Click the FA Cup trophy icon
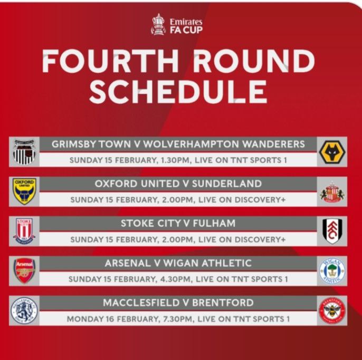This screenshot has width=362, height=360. [158, 24]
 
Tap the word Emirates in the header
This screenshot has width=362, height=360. [186, 22]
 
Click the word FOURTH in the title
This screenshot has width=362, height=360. [110, 61]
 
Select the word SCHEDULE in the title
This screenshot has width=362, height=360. [178, 92]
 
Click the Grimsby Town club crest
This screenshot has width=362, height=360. [24, 152]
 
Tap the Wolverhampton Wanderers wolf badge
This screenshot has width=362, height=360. [332, 152]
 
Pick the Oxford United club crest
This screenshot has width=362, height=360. [24, 191]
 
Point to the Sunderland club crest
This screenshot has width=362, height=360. [332, 192]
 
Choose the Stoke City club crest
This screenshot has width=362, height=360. [24, 231]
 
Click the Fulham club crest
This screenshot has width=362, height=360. [332, 231]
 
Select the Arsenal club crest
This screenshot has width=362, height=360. [24, 271]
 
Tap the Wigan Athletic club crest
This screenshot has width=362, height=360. [332, 271]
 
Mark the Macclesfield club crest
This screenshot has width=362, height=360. [24, 310]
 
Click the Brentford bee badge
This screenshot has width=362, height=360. [332, 310]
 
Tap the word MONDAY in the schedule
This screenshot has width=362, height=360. [85, 319]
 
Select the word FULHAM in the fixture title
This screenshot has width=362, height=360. [214, 223]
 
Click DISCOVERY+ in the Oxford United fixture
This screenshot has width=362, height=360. [260, 200]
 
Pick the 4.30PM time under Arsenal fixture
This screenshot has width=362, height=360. [176, 279]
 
